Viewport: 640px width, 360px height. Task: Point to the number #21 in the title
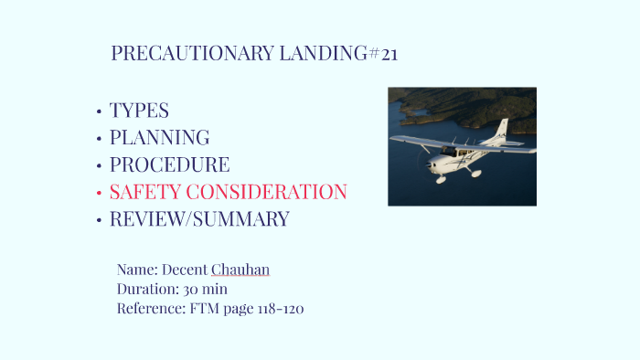click(384, 54)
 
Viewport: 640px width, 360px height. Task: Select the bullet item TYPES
click(139, 111)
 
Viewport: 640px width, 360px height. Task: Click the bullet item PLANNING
click(159, 138)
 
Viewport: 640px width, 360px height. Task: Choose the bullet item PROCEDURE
click(169, 165)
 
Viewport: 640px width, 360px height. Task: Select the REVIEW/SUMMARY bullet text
click(199, 219)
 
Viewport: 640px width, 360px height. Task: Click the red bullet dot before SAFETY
click(98, 194)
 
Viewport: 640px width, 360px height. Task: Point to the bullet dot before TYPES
click(98, 112)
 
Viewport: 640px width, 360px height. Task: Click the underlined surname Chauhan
click(240, 270)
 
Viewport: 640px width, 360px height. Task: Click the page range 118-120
click(280, 308)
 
